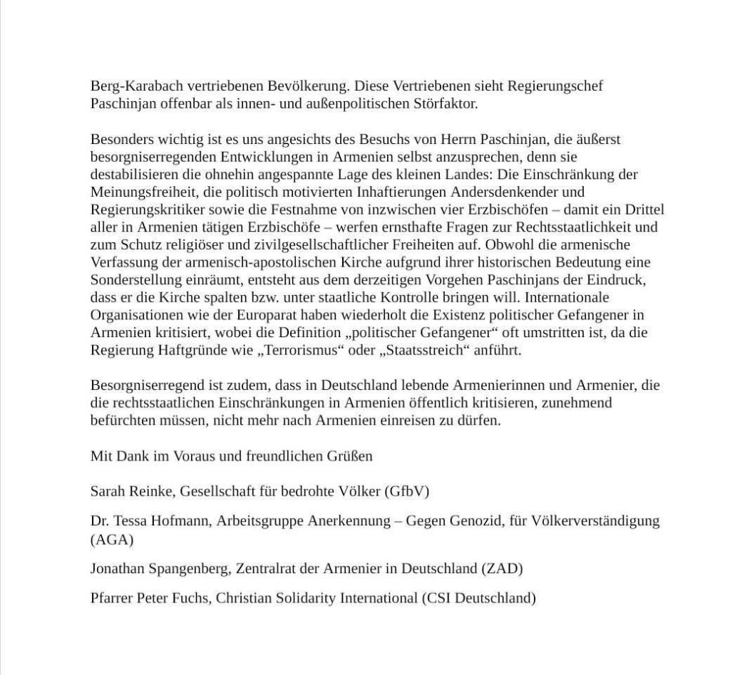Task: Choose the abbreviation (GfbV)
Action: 407,491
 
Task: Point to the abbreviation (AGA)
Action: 112,540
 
